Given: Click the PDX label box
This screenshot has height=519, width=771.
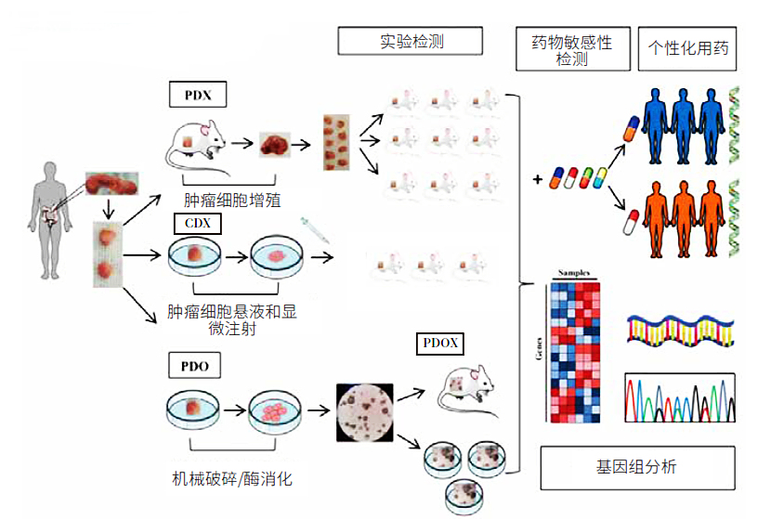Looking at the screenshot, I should [197, 94].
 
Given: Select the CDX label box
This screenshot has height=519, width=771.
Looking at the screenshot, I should [197, 224].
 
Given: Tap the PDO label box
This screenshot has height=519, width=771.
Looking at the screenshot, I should [196, 366].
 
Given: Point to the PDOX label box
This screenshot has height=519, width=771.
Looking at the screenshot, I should [439, 344].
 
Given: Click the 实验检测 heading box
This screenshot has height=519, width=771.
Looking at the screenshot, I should [410, 41].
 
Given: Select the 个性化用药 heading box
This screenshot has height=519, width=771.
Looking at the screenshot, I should [687, 50].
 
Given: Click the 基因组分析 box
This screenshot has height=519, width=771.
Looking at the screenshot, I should [637, 467].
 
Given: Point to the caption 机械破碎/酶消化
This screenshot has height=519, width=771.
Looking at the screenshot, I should [232, 480].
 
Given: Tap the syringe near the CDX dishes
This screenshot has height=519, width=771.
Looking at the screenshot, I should [314, 231].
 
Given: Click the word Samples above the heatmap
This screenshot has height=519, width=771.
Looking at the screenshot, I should [574, 273].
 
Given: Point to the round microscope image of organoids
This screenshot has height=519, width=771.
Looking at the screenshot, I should [363, 412].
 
